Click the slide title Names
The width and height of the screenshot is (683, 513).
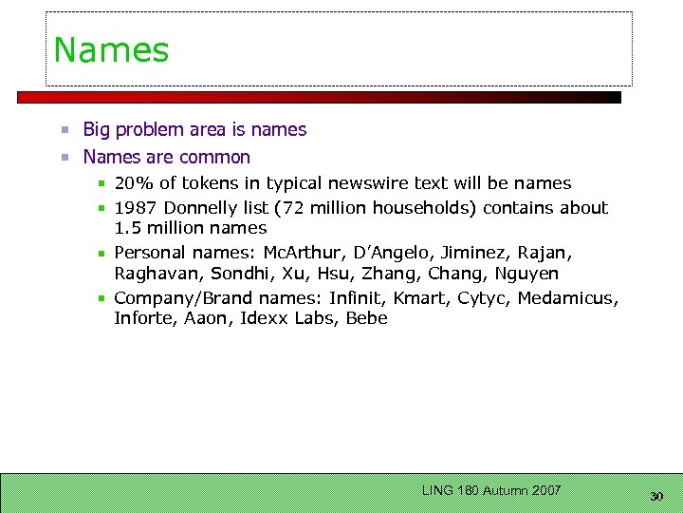(111, 50)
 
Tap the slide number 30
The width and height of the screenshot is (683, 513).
(656, 496)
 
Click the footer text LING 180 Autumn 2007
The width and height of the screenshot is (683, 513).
(491, 490)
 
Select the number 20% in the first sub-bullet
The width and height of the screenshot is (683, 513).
(131, 183)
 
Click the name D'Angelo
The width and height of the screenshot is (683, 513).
(393, 253)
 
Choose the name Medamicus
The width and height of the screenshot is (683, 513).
(567, 298)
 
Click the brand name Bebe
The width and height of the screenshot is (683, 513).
(366, 319)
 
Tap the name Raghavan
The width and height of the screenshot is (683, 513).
(157, 275)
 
